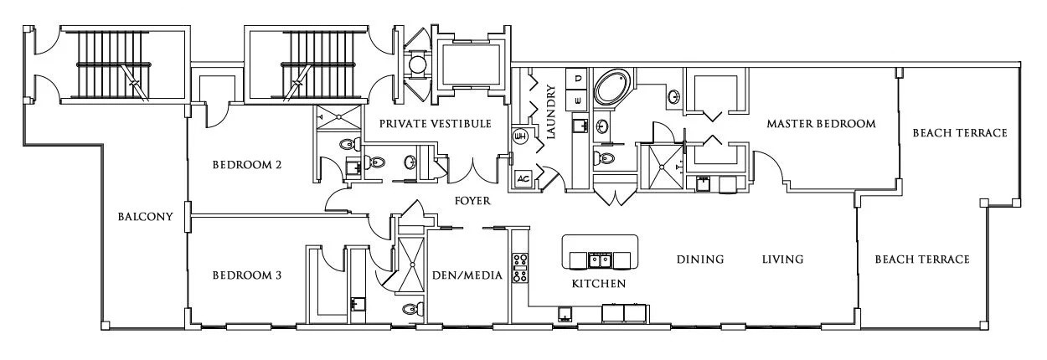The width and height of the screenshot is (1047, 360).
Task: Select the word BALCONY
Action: pos(146,217)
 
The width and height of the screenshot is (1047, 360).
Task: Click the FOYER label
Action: pos(472,202)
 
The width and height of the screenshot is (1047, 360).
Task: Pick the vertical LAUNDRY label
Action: pos(551,111)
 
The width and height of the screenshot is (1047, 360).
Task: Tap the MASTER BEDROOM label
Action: pos(821,124)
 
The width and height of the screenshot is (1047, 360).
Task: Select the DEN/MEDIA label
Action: pos(466,275)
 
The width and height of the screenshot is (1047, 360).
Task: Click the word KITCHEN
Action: pos(598,284)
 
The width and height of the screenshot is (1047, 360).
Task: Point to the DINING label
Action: pos(699,260)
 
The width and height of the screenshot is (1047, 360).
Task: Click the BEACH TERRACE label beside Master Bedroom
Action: pos(959,133)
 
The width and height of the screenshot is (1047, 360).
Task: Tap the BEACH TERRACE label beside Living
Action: pos(921,260)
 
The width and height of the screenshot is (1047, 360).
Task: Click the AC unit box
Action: pos(523,178)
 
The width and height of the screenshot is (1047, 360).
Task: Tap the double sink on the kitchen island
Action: pos(600,259)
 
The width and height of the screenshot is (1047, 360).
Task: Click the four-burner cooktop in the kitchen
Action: pos(518,267)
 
